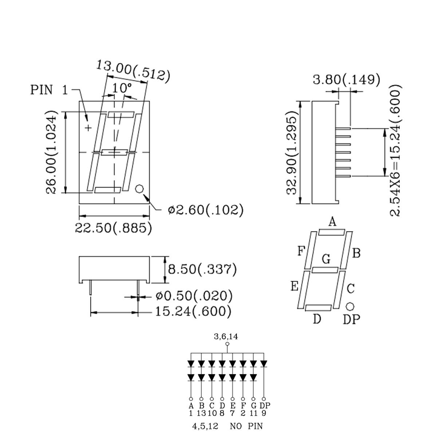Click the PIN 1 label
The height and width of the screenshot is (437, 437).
(x=49, y=90)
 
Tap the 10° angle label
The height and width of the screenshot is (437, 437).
(x=122, y=88)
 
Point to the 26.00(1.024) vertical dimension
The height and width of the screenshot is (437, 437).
(x=51, y=152)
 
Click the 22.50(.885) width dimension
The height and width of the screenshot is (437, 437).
(x=113, y=228)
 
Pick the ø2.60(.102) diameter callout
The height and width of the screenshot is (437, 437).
(x=206, y=210)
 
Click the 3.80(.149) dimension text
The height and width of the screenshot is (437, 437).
(x=347, y=80)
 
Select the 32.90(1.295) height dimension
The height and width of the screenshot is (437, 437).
(x=291, y=152)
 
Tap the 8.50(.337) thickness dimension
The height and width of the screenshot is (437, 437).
(x=202, y=269)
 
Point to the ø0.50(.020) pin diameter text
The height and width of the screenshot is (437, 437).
(x=194, y=296)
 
